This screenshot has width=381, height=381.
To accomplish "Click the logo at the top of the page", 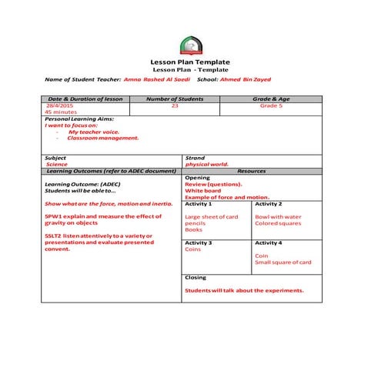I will [x=189, y=45].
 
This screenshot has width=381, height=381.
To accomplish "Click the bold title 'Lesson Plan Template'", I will [x=189, y=62].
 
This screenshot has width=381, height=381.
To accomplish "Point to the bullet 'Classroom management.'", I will [x=103, y=138].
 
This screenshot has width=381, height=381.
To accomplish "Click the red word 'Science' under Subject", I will [x=57, y=164].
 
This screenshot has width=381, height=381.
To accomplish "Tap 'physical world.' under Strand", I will [x=207, y=164].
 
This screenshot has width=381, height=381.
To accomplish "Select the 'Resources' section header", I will [x=252, y=170].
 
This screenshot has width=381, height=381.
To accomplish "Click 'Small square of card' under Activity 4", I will [x=282, y=262].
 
